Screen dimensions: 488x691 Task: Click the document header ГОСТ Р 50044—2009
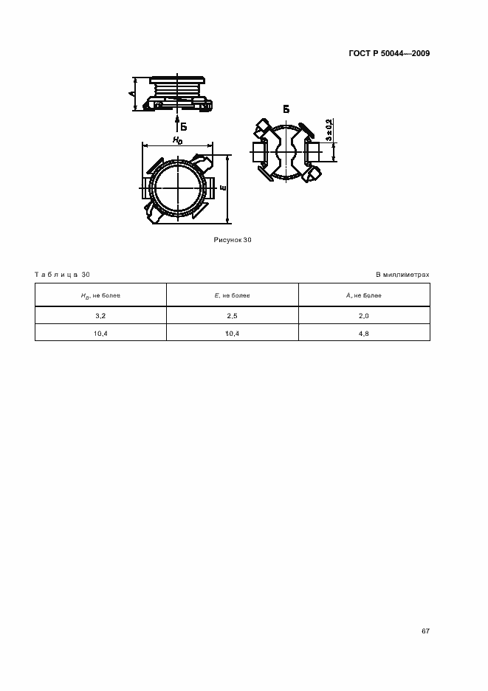tap(389, 53)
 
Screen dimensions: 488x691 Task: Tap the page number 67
tap(425, 631)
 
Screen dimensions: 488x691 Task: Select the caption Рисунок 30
tap(233, 240)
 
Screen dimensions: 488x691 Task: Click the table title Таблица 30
tap(62, 275)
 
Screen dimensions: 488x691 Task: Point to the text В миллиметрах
tap(402, 275)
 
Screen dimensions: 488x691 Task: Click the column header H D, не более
tap(100, 296)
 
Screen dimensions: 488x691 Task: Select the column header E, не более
tap(233, 295)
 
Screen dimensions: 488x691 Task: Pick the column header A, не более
tap(364, 295)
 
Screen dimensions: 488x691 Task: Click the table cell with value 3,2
tap(100, 316)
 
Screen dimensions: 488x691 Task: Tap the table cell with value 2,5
tap(233, 316)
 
